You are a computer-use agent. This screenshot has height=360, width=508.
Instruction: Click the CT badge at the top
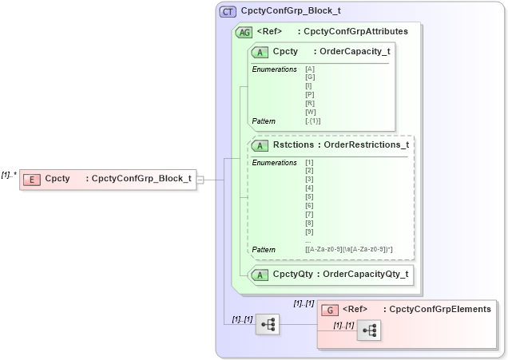pos(228,11)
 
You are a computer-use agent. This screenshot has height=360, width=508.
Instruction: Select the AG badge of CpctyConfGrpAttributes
pos(244,32)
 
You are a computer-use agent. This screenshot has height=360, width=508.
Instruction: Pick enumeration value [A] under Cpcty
pos(310,69)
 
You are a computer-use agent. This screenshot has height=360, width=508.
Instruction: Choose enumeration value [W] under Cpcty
pos(311,112)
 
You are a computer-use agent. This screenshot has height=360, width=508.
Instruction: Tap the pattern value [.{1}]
pos(313,121)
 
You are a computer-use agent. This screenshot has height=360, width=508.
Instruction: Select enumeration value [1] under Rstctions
pos(309,162)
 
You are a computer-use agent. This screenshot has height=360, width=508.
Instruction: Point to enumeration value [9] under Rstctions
pos(309,231)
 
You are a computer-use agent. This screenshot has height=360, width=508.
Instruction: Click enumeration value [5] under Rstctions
pos(309,196)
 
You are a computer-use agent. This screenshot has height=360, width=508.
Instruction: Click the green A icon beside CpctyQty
pos(260,275)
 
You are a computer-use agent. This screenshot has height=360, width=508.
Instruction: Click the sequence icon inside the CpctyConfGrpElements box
pos(368,330)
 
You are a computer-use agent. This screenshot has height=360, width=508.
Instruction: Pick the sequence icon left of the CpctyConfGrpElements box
pos(268,324)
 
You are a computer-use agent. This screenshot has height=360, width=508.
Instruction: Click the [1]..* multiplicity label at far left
pos(9,175)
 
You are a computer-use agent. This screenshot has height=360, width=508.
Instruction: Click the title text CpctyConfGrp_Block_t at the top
pos(291,11)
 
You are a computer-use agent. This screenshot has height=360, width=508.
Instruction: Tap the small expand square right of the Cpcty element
pos(200,180)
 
